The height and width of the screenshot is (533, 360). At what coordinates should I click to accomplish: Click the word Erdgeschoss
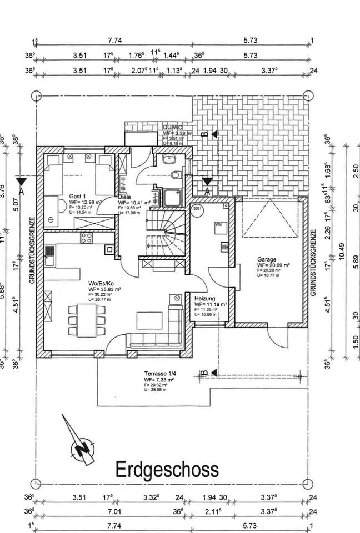(167, 470)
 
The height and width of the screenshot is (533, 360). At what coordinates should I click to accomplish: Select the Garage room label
(267, 259)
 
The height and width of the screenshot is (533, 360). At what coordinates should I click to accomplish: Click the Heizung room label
(204, 298)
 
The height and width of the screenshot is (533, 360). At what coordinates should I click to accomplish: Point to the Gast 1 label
(77, 197)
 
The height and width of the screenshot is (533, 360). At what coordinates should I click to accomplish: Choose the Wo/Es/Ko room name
(100, 283)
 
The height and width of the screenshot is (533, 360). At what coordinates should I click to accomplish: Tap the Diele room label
(125, 197)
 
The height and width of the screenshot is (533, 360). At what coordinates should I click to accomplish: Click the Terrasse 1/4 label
(146, 374)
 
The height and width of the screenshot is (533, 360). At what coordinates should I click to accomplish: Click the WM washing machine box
(218, 225)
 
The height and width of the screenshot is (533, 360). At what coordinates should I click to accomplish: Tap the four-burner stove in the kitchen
(87, 238)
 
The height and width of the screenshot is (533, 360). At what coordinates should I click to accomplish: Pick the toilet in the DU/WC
(175, 175)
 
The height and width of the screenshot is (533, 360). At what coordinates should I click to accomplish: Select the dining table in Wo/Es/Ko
(87, 320)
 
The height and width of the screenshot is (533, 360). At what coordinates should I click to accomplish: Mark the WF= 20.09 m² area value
(272, 265)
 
